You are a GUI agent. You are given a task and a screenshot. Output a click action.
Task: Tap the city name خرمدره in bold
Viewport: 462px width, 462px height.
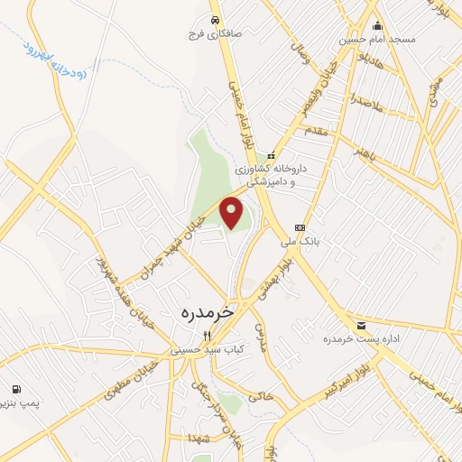click(x=207, y=312)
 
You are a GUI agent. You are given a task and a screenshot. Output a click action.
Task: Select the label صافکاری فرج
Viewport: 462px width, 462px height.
click(x=210, y=34)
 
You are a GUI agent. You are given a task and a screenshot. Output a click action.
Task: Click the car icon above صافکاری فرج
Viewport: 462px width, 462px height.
click(x=215, y=20)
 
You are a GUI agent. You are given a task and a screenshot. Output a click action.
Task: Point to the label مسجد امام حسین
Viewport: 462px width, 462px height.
click(x=377, y=40)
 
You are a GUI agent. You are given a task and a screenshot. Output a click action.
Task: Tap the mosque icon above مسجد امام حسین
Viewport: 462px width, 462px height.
click(x=377, y=25)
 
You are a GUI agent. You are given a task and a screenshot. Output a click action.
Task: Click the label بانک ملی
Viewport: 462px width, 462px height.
click(x=300, y=242)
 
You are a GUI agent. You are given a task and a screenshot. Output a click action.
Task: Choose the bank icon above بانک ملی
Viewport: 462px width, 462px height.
click(x=300, y=227)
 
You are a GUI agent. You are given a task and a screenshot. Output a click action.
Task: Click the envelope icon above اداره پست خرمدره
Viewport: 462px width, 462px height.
click(x=361, y=325)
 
